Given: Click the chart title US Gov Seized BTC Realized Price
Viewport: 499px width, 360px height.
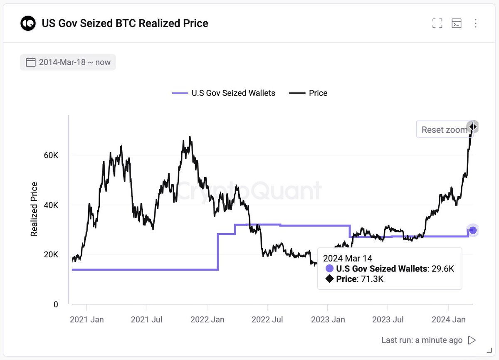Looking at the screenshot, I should click(x=125, y=23).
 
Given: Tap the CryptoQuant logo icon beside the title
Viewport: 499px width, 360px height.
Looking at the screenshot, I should click(x=28, y=23).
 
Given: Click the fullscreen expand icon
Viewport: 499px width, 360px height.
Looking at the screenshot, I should click(x=437, y=23).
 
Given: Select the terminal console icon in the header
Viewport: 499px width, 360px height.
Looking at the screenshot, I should click(x=456, y=23).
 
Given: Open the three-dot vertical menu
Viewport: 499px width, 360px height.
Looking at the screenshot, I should click(x=475, y=23).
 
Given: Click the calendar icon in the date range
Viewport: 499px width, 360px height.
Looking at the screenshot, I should click(x=30, y=62).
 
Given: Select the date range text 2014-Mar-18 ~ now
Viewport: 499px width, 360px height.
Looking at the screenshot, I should click(x=75, y=62).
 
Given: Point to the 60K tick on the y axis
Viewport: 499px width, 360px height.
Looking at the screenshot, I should click(x=51, y=155).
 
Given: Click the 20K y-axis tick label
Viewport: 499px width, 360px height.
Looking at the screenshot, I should click(x=51, y=255).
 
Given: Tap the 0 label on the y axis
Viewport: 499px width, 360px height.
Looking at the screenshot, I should click(x=56, y=305).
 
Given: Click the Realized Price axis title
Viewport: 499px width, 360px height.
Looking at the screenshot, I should click(x=34, y=209).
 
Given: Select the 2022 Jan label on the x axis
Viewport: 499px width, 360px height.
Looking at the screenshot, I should click(x=207, y=320).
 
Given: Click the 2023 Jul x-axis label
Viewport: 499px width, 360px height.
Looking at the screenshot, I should click(x=388, y=320).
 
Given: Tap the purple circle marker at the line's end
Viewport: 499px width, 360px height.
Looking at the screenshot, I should click(x=472, y=230).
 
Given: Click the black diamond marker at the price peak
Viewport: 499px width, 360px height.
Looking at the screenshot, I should click(x=472, y=127).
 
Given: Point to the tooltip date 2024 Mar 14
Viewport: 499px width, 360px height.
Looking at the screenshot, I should click(x=348, y=259).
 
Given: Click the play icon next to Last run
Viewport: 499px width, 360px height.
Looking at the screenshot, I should click(x=472, y=340).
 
